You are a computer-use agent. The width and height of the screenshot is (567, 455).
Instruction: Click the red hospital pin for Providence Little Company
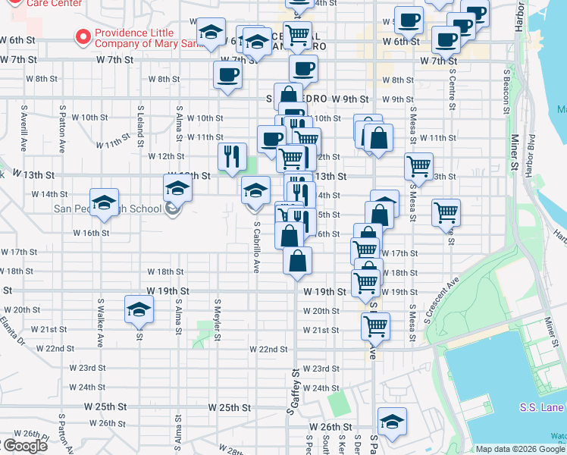coord(81,35)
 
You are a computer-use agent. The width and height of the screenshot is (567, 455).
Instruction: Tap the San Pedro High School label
coord(106,209)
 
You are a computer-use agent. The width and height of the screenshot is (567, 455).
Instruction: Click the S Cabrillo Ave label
coord(257,247)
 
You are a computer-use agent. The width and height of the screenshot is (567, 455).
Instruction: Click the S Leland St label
coord(140,127)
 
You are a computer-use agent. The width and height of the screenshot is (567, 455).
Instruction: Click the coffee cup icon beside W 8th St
coord(227,75)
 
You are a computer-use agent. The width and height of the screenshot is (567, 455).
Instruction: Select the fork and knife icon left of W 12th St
coord(232,156)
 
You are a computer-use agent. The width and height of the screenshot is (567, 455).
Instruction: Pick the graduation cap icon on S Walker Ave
coord(105,202)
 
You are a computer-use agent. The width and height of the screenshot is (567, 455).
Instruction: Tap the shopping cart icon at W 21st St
coord(375,327)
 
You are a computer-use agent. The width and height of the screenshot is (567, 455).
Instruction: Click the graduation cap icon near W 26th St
coord(392,422)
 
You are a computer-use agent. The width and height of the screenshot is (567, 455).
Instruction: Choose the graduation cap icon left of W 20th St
coord(139,309)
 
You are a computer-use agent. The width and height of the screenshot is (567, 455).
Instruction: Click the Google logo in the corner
coord(24,446)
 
